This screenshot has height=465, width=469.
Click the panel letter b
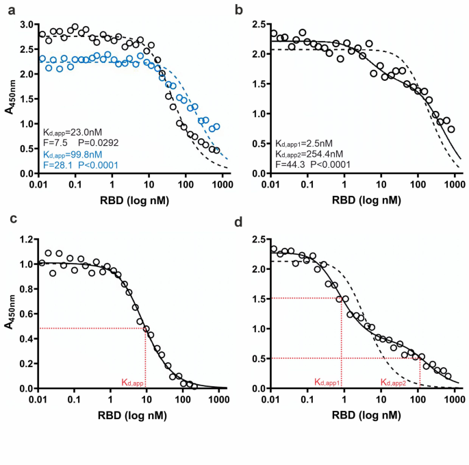(239, 9)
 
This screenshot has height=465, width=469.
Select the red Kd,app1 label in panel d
(328, 382)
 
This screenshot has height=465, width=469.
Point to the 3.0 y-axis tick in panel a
(29, 25)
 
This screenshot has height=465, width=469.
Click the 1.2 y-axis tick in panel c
(29, 240)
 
